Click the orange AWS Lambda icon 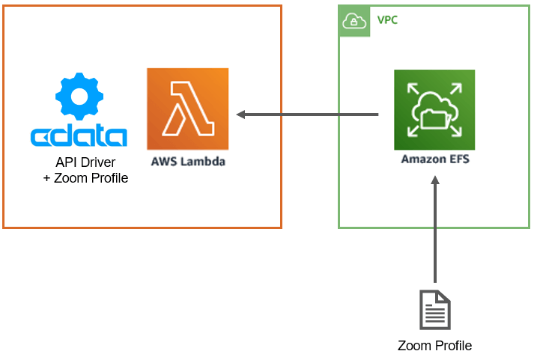point(187,109)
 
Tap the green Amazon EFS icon point(434,110)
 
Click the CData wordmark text point(79,137)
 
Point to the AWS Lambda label point(187,162)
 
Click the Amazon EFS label point(434,159)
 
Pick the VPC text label point(387,19)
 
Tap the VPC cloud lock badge point(354,21)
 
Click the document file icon point(434,310)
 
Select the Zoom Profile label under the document point(434,346)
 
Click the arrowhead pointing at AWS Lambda point(241,115)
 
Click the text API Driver point(85,162)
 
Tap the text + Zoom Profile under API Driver point(85,178)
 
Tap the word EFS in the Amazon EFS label point(457,159)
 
